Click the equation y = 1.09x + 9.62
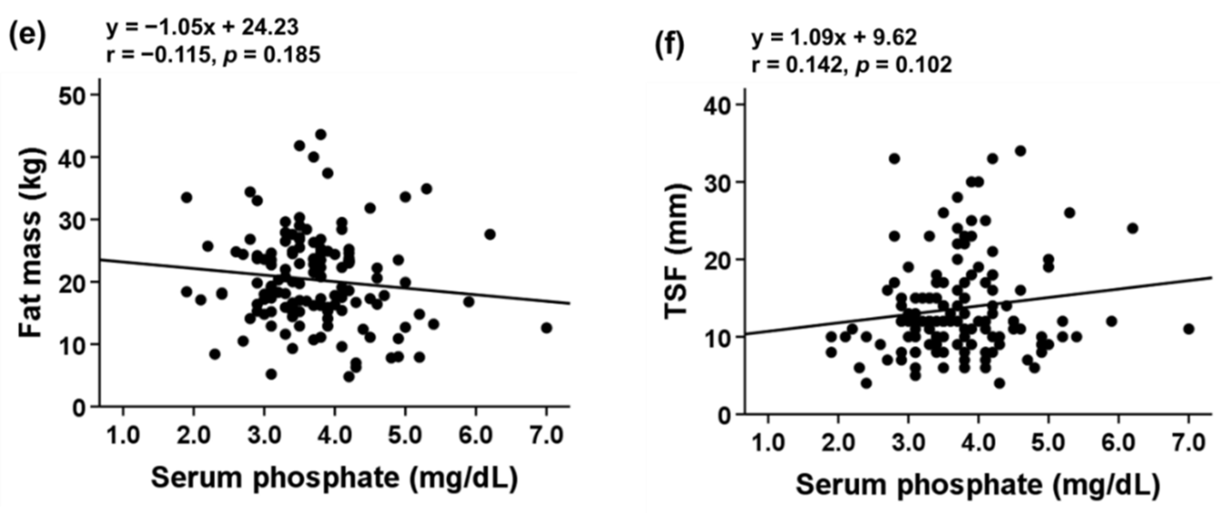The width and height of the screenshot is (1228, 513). coord(834,37)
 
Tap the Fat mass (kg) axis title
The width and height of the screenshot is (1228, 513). coord(32,243)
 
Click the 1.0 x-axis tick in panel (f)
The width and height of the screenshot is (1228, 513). coord(768,444)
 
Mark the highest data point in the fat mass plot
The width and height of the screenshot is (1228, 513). coord(321,135)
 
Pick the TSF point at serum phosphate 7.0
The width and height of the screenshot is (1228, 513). coord(1189,329)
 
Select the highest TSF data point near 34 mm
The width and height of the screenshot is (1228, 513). coord(1020,151)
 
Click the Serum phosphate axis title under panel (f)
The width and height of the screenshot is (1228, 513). coord(977,485)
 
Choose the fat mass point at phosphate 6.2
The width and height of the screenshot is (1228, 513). coord(490,234)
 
